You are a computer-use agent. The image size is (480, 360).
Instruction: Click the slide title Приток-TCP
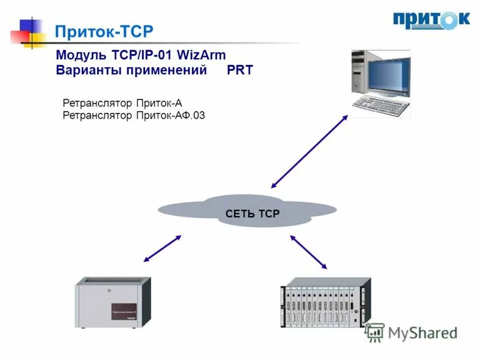[x=104, y=31]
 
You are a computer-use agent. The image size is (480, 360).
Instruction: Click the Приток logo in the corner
[x=431, y=20]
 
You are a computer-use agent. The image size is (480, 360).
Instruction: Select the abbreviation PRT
[x=240, y=70]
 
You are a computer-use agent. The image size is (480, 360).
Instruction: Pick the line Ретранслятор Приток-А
[x=122, y=103]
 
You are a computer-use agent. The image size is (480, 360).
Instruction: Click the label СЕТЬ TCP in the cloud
[x=253, y=214]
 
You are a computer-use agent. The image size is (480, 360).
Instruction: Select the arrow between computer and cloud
[x=308, y=151]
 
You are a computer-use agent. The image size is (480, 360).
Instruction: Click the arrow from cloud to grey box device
[x=162, y=248]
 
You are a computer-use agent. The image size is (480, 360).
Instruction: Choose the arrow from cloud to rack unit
[x=309, y=251]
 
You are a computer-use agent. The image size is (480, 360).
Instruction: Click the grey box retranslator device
[x=112, y=305]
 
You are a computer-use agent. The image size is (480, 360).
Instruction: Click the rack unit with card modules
[x=325, y=303]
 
